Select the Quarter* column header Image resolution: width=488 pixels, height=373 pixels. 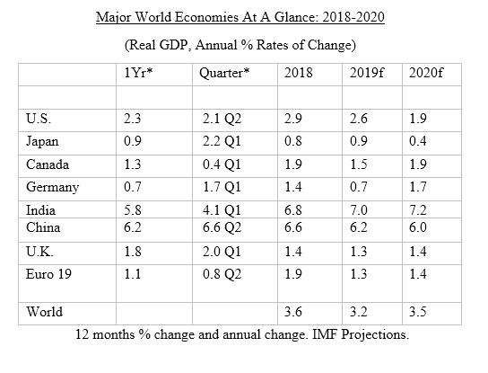(224, 74)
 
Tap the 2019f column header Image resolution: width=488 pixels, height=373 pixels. (366, 73)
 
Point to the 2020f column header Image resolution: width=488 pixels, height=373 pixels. (426, 73)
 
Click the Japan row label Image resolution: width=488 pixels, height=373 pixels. (42, 142)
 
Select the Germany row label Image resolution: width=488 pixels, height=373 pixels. (52, 188)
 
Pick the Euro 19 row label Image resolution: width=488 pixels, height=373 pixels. (48, 274)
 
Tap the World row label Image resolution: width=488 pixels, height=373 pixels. (44, 312)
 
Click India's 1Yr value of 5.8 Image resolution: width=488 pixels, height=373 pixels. (132, 210)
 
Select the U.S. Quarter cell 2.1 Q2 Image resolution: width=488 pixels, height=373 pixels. (222, 119)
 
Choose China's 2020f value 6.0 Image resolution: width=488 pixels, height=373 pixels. (418, 227)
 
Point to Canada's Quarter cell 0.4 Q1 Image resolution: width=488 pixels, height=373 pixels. (222, 164)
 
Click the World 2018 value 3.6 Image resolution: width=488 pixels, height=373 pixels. (292, 312)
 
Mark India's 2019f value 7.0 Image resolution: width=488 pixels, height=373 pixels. (358, 210)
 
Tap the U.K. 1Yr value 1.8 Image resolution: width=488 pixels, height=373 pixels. (132, 252)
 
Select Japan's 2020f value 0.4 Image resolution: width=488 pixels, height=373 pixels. (418, 141)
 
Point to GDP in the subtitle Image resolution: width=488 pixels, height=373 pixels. (173, 45)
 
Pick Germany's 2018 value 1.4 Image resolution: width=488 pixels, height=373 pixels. (292, 187)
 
